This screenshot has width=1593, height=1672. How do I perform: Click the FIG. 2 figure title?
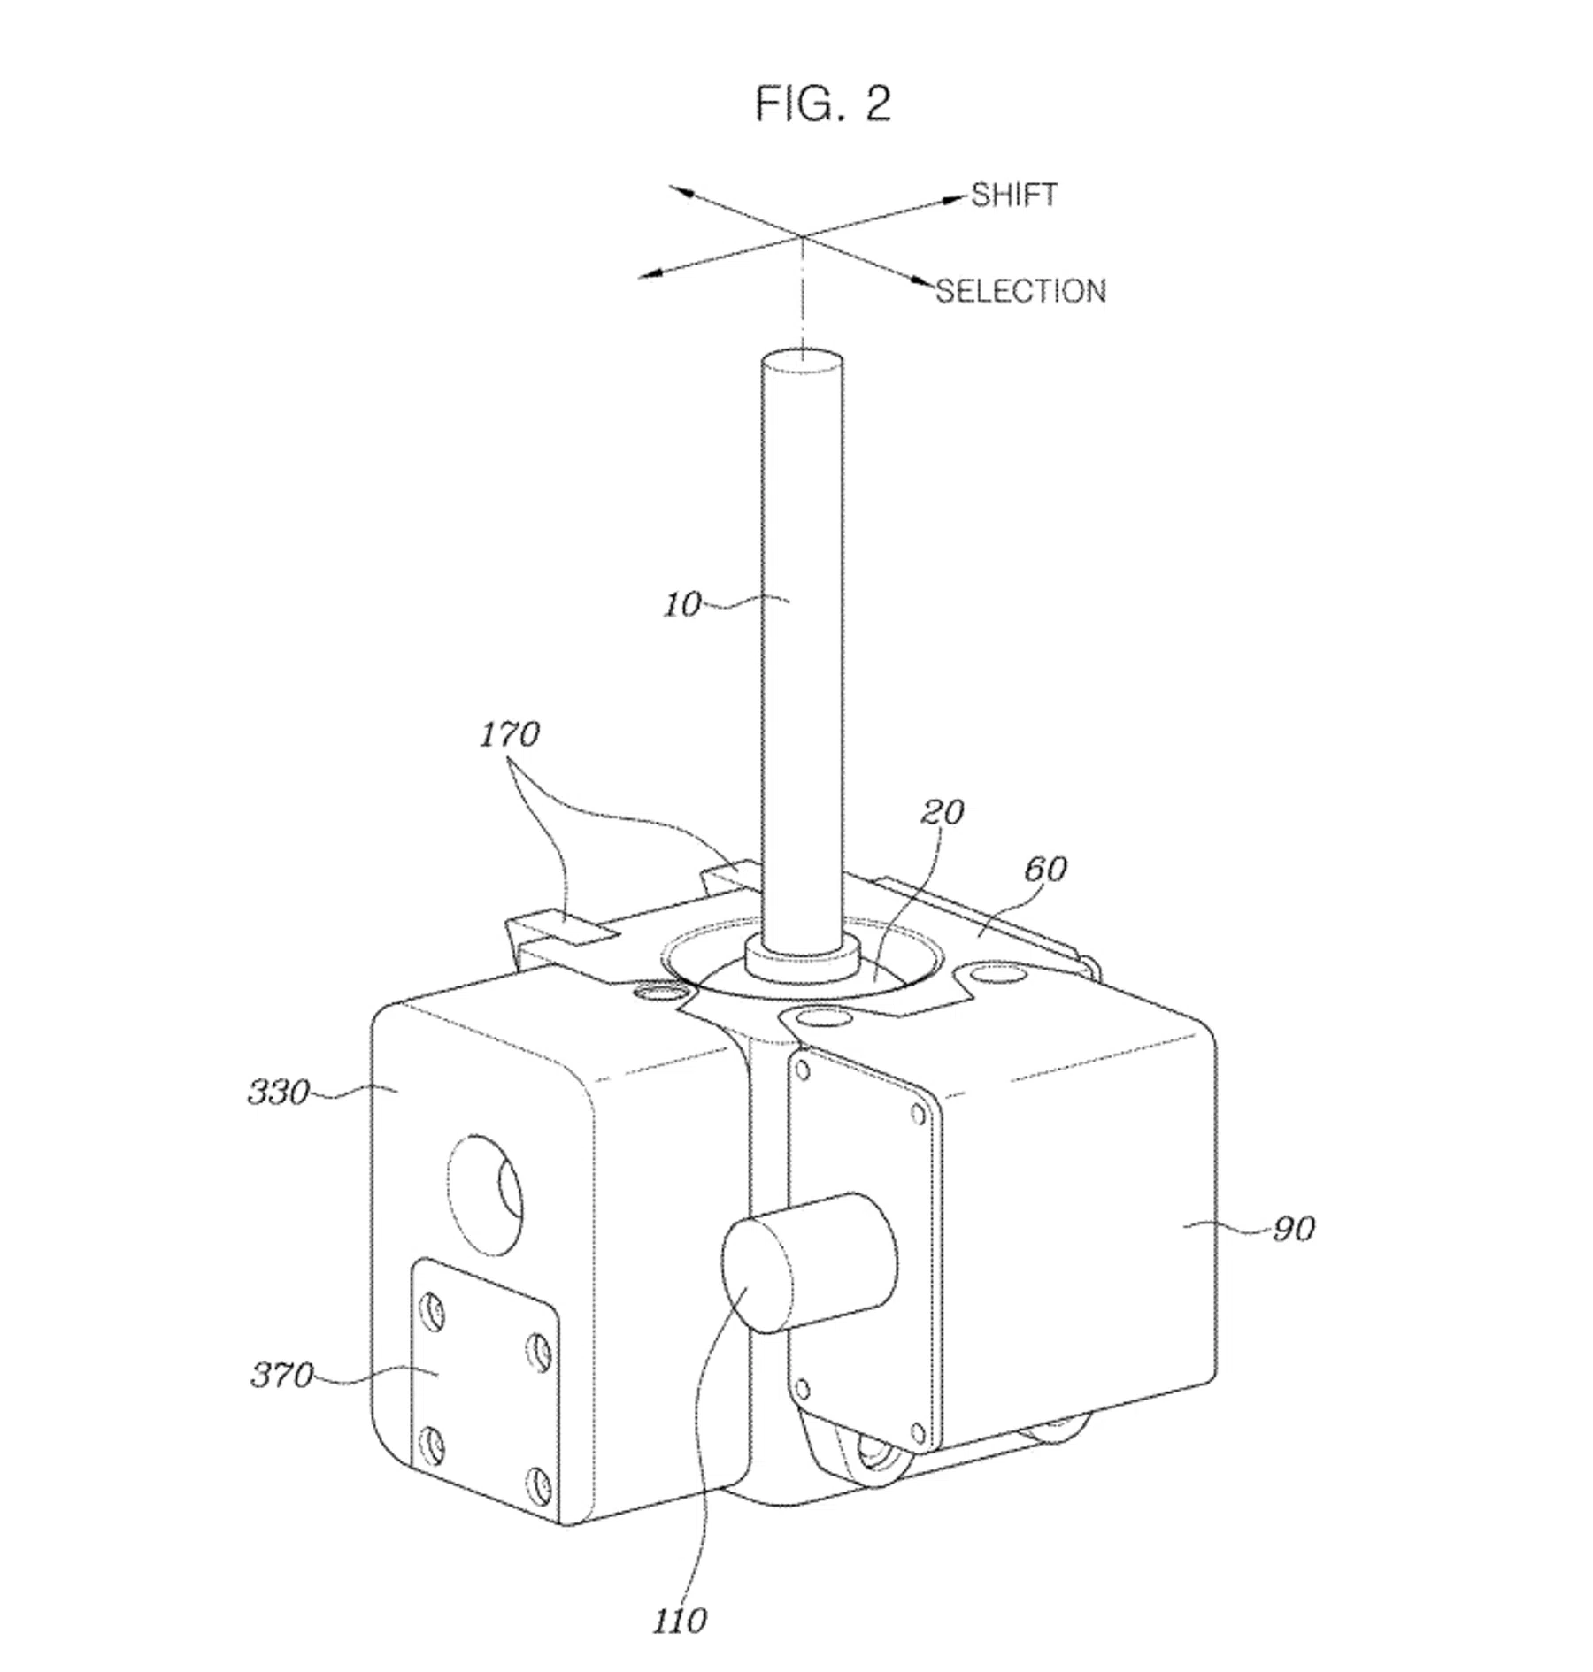[822, 104]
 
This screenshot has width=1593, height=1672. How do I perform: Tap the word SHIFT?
[1013, 195]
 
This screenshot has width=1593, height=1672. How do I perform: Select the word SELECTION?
[1021, 291]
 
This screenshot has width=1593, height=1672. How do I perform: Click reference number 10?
[682, 605]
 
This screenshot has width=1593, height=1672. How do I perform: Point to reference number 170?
[510, 734]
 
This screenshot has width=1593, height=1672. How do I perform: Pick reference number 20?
[943, 812]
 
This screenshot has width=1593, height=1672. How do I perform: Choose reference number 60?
[1045, 869]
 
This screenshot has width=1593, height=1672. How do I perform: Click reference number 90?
[1294, 1228]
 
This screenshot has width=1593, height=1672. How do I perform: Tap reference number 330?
[279, 1093]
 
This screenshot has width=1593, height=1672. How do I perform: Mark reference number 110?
[680, 1621]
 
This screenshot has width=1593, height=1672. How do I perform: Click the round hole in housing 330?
[485, 1193]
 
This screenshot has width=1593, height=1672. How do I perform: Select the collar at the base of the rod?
[802, 958]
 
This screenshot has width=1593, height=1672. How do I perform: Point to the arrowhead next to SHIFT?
[955, 198]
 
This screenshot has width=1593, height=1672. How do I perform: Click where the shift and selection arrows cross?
[802, 236]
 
